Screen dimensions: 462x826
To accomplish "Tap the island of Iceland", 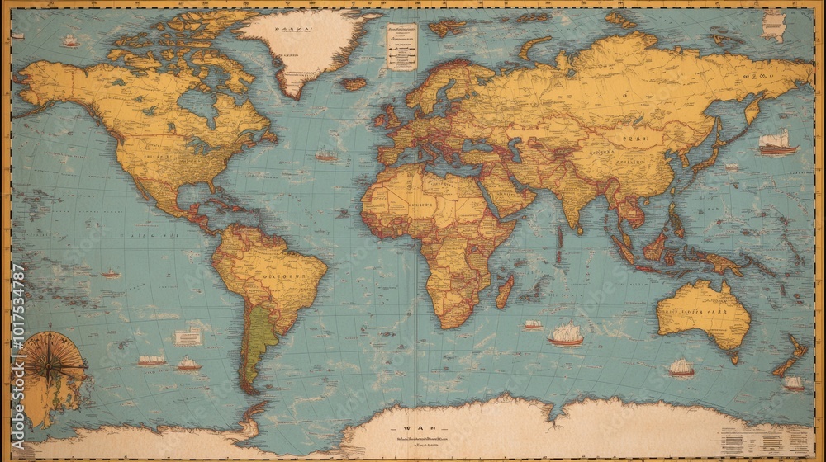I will pos(354,83).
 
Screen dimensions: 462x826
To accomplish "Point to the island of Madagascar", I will pos(504,292).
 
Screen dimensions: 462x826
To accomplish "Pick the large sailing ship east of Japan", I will pos(777,143).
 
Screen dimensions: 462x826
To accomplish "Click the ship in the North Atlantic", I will pos(326,155).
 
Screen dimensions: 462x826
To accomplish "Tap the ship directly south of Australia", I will pos(681,368).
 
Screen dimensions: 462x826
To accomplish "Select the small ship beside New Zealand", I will pos(793,383).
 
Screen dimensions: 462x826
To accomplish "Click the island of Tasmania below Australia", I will pos(734,358).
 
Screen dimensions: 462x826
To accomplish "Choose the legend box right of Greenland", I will pos(401,46).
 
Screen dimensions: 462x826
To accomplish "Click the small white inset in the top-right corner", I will pos(774,25).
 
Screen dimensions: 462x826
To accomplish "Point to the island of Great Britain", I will pos(387,116).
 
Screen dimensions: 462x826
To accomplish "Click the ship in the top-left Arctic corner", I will pos(71,40).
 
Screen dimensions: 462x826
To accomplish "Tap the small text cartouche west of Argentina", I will pos(188,337).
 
